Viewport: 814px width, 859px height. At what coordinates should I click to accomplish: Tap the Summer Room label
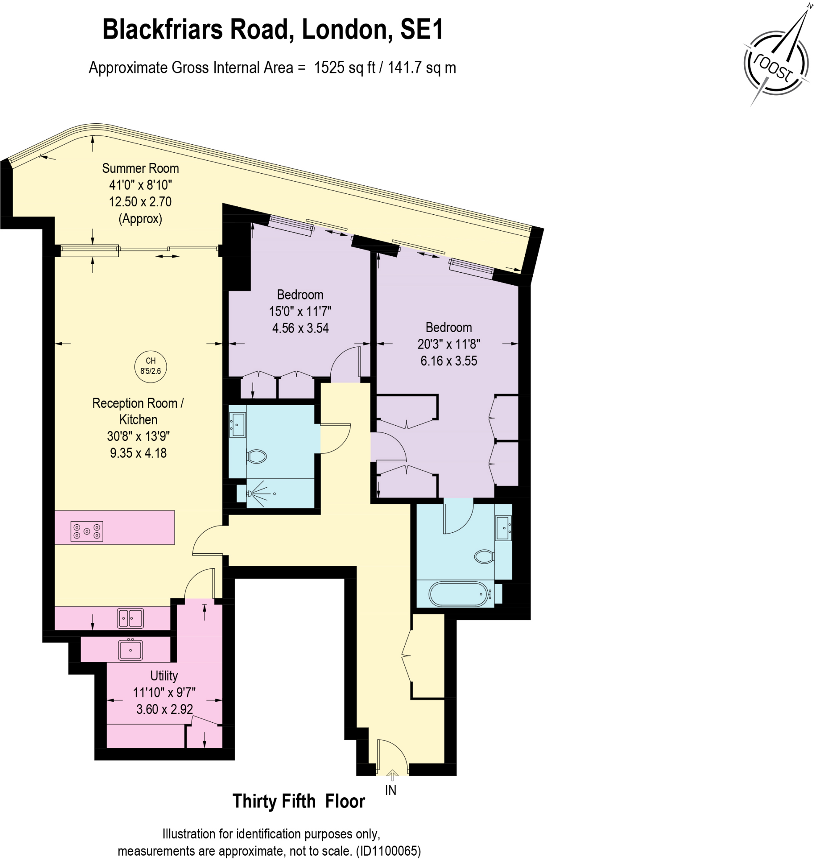click(x=140, y=168)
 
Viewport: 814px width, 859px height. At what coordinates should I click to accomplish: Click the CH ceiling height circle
click(x=151, y=366)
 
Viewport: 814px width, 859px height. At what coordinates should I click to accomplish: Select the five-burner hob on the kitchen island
click(x=87, y=531)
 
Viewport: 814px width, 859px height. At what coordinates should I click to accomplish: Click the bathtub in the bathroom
click(x=458, y=593)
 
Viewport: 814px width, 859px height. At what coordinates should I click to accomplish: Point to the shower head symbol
click(x=250, y=493)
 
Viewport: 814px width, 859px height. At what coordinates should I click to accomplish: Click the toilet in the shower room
click(x=257, y=456)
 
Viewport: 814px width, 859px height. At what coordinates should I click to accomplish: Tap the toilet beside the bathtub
click(x=484, y=556)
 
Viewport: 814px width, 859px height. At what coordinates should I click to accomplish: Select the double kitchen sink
click(x=130, y=618)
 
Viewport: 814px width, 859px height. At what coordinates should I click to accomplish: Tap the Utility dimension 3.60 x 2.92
click(x=165, y=709)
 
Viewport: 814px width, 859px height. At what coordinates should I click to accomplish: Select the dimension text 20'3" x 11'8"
click(x=449, y=344)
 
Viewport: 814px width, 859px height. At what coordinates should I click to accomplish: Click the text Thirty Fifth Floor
click(x=298, y=801)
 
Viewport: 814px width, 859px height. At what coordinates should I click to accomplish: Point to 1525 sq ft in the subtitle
click(x=345, y=68)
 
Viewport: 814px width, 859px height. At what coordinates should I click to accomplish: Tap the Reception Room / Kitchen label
click(x=138, y=411)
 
